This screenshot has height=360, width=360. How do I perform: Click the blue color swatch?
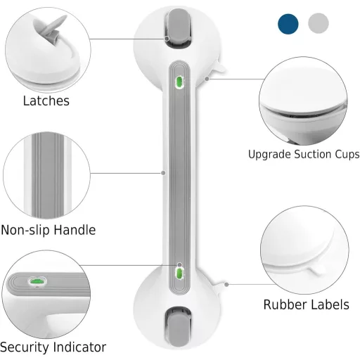pos(288,24)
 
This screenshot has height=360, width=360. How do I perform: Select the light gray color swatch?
pos(319,23)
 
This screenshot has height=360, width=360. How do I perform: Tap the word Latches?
pos(46,101)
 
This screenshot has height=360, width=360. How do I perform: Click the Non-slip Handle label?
pos(49,230)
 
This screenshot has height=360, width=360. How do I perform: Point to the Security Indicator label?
pos(53,347)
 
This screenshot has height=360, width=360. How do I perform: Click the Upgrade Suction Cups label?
pos(304,154)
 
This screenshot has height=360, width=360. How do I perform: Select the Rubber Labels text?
pos(307,304)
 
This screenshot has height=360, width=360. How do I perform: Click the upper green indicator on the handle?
pos(179,82)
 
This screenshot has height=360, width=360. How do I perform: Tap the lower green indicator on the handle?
pos(179,274)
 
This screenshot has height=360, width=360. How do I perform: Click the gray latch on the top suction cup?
pos(178,27)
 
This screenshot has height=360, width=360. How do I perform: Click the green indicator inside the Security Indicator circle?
pos(37,281)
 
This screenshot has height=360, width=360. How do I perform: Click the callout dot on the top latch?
pos(167,39)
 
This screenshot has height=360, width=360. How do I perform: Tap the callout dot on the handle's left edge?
pos(163,173)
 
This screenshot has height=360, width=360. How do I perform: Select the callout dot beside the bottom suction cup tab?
pos(226,285)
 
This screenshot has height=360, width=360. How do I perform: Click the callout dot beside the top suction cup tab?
pos(207,79)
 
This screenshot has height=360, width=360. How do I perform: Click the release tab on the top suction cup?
pos(219,66)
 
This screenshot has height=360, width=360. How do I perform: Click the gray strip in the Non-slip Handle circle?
pos(48,175)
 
